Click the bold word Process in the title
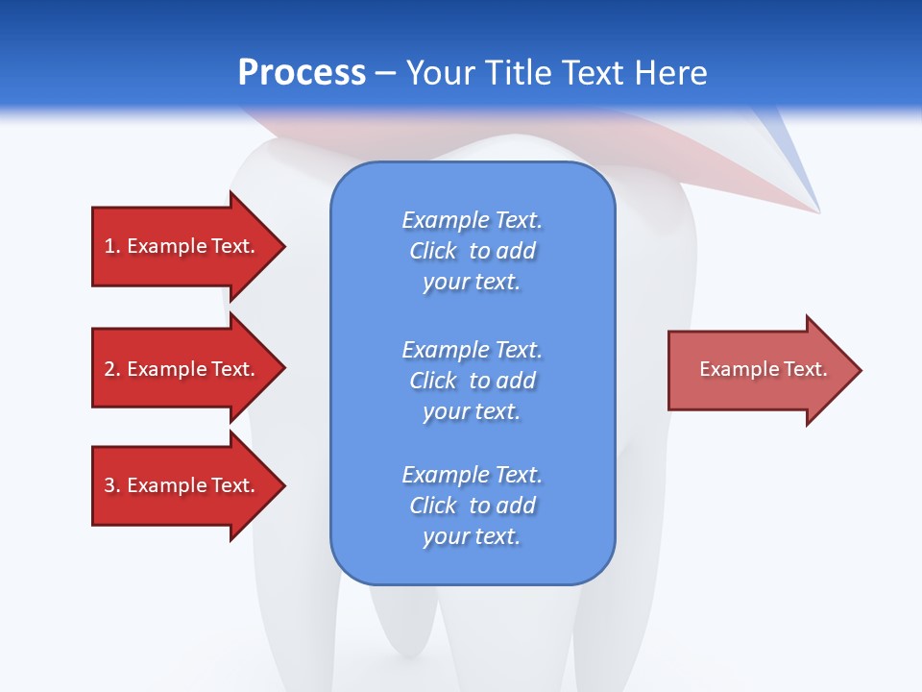pyautogui.click(x=302, y=73)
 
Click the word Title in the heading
pyautogui.click(x=517, y=73)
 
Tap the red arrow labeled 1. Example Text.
pyautogui.click(x=182, y=246)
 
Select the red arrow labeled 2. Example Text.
pyautogui.click(x=182, y=369)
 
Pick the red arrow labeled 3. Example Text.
pyautogui.click(x=182, y=485)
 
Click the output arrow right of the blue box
pyautogui.click(x=759, y=370)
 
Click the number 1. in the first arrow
pyautogui.click(x=111, y=246)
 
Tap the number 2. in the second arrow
pyautogui.click(x=111, y=369)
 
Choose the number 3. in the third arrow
pyautogui.click(x=111, y=485)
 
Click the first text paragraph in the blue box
pyautogui.click(x=472, y=251)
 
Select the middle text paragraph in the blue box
pyautogui.click(x=472, y=380)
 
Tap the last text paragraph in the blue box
pyautogui.click(x=472, y=506)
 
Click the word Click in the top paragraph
pyautogui.click(x=433, y=251)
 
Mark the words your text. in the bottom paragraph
pyautogui.click(x=472, y=536)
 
